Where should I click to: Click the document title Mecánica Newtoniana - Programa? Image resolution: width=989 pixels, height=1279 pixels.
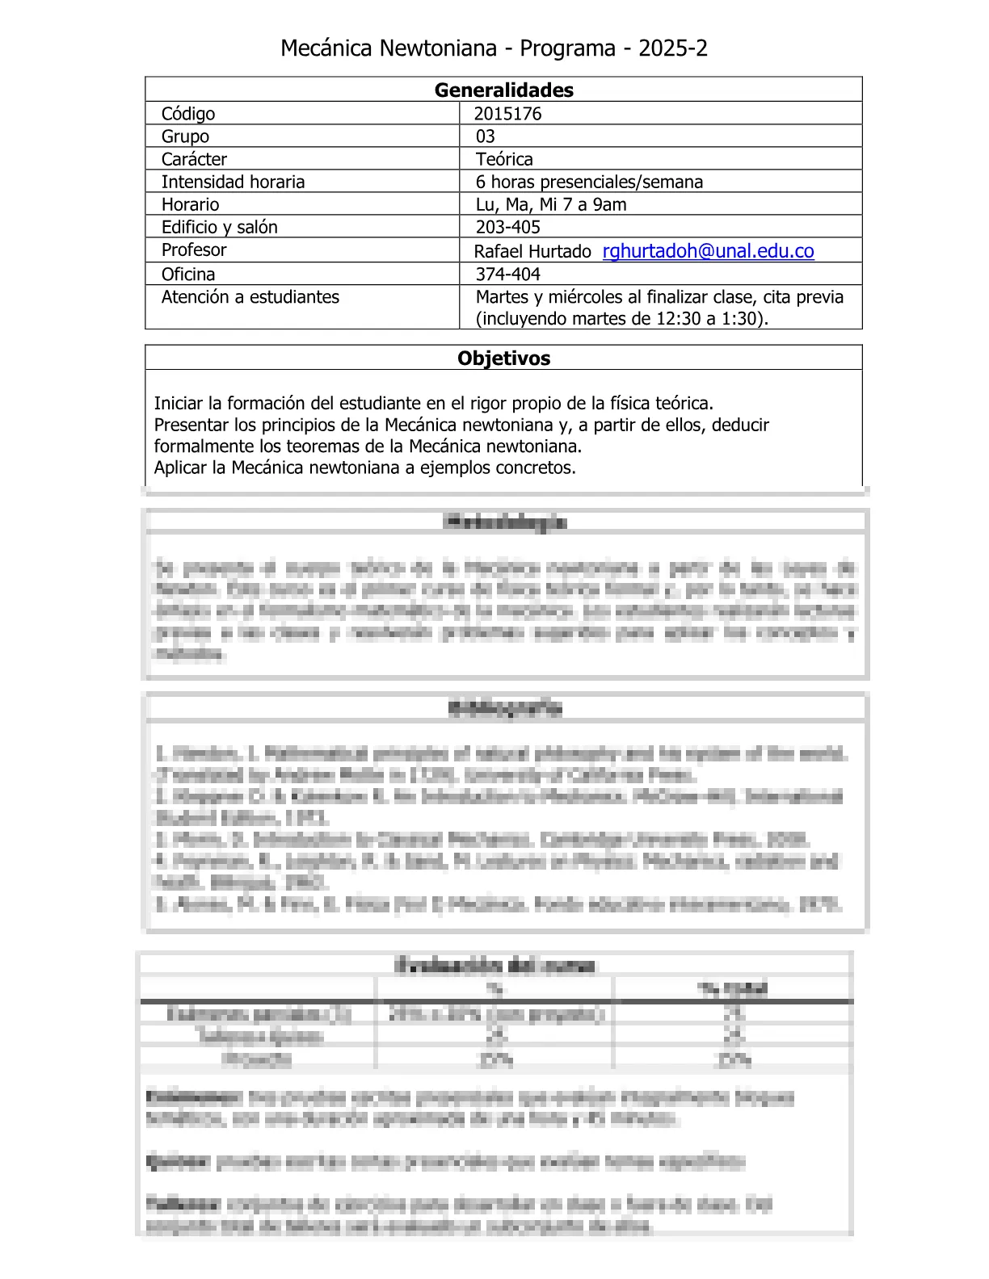(494, 48)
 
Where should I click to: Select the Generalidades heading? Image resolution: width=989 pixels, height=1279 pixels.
(503, 90)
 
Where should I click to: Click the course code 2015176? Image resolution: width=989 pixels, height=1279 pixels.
(507, 114)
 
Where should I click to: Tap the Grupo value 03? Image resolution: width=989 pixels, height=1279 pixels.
(486, 136)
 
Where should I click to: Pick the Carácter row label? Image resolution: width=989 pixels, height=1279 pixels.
(194, 159)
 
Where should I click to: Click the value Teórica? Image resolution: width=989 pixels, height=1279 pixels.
(504, 159)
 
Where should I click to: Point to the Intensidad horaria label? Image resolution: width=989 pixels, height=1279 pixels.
(233, 182)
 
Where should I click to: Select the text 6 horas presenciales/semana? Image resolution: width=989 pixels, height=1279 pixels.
(589, 182)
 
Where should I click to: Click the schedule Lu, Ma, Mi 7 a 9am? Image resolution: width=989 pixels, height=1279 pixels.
(551, 204)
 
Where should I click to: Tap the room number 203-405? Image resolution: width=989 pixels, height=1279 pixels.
(507, 227)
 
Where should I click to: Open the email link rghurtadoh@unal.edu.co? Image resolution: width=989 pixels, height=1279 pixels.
(708, 251)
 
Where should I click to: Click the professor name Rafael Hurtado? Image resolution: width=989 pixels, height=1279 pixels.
(532, 251)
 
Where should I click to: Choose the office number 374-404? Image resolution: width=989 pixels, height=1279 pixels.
(507, 274)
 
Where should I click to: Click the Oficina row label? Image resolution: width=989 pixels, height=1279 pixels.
(188, 274)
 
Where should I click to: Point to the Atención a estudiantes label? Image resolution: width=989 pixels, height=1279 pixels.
(250, 297)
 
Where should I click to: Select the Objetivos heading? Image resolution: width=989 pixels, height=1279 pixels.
(503, 358)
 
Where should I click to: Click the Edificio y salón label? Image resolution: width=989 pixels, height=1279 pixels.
(219, 227)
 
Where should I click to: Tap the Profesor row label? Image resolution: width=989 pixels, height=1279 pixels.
(194, 250)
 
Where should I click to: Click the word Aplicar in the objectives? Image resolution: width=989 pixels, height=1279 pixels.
(180, 468)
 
